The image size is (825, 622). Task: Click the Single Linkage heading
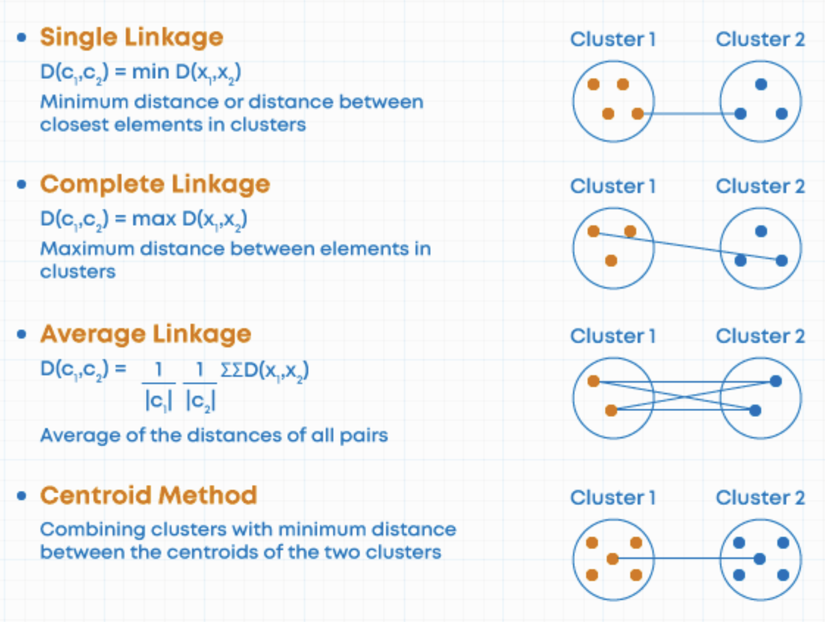131,37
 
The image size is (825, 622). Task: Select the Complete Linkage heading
155,184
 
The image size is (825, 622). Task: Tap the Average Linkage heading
145,334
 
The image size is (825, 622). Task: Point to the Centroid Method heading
148,495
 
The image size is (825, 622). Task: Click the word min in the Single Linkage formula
151,72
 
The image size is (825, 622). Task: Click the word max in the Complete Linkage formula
154,219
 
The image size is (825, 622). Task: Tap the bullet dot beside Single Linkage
22,38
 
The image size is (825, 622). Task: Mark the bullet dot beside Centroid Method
22,496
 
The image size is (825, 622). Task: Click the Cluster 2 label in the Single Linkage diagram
760,39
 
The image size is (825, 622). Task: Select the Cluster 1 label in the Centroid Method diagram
613,497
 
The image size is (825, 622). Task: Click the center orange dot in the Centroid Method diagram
613,559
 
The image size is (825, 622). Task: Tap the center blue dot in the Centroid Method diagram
760,559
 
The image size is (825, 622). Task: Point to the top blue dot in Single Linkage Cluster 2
761,84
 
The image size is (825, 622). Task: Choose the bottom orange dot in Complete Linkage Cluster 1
611,260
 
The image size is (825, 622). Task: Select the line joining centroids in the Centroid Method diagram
686,559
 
